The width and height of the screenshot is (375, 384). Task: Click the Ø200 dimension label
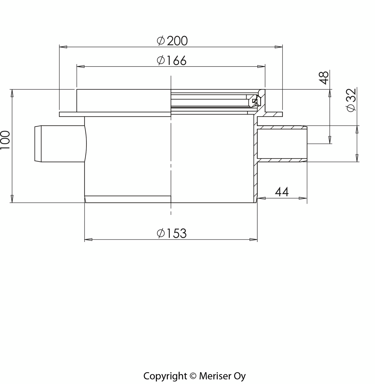tap(172, 41)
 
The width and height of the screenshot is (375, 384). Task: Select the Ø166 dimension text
tap(172, 61)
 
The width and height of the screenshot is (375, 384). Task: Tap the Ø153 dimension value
tap(172, 233)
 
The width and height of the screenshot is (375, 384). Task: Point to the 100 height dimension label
tap(5, 140)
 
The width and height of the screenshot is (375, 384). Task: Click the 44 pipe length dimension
tap(282, 192)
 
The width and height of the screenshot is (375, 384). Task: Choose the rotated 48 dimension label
tap(324, 78)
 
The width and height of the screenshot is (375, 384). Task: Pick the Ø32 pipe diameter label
tap(351, 100)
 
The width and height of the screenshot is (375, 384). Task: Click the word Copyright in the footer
tap(165, 376)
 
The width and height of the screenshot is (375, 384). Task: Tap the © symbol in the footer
tap(193, 376)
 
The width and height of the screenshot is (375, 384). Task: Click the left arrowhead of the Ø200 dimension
tap(63, 47)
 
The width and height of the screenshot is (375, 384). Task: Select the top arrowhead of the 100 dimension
tap(12, 93)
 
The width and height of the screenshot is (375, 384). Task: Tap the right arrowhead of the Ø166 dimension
tap(261, 67)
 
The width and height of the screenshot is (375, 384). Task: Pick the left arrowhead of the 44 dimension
tap(261, 198)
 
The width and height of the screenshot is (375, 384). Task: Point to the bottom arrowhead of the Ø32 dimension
tap(357, 158)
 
